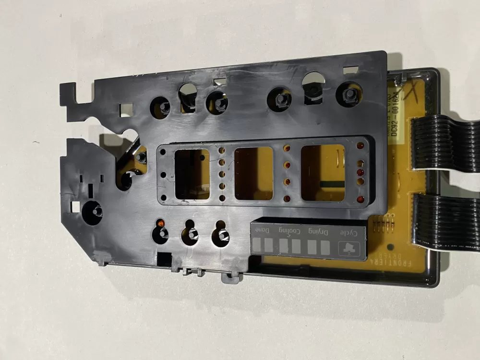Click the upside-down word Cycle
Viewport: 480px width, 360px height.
(x=349, y=233)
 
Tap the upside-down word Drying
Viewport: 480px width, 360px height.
(x=320, y=233)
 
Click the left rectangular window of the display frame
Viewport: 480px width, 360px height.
(x=192, y=174)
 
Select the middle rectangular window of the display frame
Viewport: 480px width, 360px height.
(x=253, y=173)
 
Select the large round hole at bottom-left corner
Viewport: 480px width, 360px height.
(x=92, y=211)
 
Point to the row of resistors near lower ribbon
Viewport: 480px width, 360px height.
(x=382, y=222)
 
